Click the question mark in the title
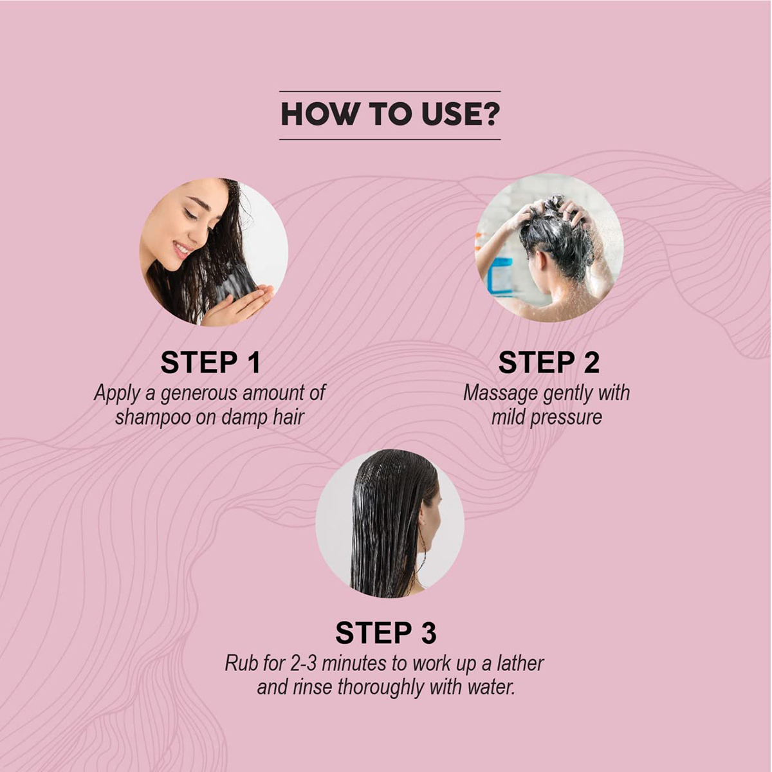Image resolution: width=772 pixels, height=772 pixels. pos(491,114)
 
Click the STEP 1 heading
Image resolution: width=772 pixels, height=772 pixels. pos(210,363)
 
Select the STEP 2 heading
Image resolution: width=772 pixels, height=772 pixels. pos(549,363)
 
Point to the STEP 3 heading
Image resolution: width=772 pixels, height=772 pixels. pos(386,633)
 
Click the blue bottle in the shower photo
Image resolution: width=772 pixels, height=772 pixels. pos(499,276)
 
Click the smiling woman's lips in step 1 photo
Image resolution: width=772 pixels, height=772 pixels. pos(182,249)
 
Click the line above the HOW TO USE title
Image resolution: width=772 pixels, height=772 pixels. pos(390,91)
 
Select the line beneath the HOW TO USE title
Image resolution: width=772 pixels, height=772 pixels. pos(390,140)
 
